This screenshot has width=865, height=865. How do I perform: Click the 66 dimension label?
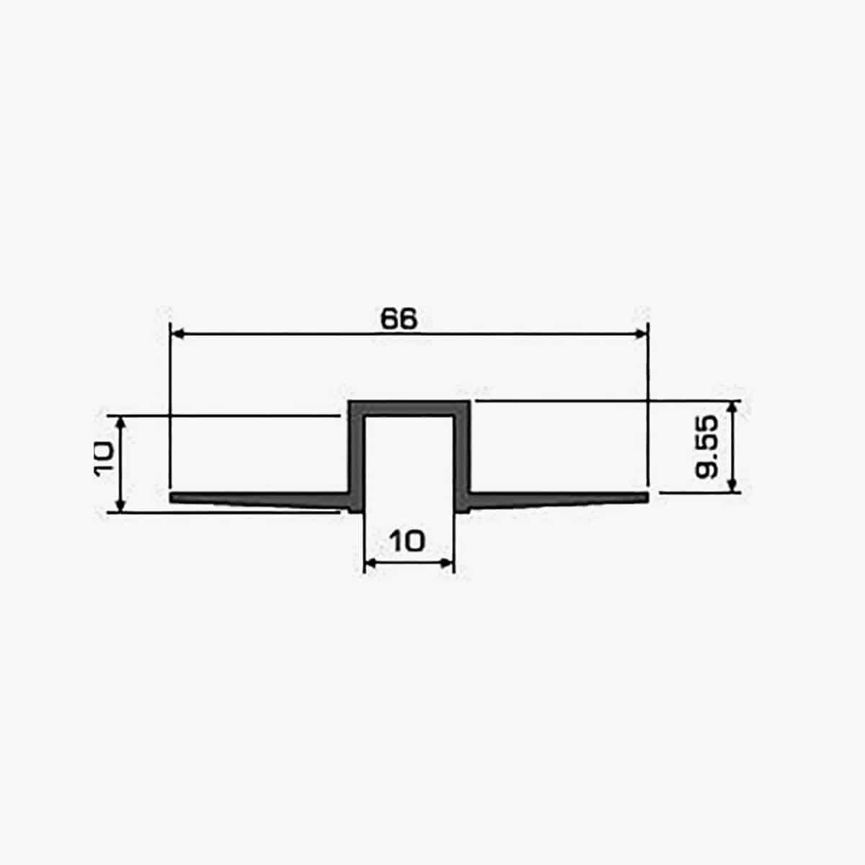[x=399, y=319]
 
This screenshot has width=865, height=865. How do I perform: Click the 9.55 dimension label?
[x=706, y=447]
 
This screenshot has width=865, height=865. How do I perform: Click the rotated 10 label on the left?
[x=104, y=458]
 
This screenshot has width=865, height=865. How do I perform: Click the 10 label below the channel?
[x=407, y=541]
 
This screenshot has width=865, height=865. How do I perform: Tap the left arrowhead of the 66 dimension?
[x=178, y=334]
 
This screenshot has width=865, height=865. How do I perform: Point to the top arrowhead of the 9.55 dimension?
[x=732, y=407]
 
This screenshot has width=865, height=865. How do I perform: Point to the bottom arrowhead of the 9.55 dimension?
[x=732, y=486]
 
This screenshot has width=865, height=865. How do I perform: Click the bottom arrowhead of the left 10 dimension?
[x=120, y=505]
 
